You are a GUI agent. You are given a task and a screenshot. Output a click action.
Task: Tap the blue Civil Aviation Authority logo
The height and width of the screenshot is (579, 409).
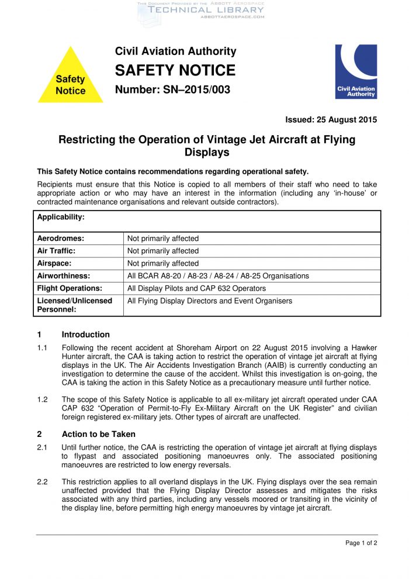[355, 71]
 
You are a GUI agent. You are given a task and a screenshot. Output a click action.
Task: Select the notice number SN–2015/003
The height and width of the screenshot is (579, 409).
[172, 90]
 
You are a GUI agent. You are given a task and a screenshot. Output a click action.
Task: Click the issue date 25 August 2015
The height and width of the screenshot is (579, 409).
[331, 120]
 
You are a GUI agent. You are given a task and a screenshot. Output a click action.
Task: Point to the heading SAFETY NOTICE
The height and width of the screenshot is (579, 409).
[175, 71]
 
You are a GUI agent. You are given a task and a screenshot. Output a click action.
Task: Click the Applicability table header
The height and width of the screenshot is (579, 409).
[61, 217]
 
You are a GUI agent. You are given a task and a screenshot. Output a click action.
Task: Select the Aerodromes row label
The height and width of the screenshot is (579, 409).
[61, 239]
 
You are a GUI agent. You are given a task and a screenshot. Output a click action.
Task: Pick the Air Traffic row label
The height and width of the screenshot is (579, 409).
[57, 251]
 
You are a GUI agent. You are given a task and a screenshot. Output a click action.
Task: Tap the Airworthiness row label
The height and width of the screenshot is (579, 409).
[64, 275]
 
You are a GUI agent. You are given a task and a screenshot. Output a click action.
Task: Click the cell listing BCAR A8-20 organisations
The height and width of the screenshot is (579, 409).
[218, 275]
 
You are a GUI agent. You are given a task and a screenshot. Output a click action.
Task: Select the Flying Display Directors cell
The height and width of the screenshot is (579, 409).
[210, 301]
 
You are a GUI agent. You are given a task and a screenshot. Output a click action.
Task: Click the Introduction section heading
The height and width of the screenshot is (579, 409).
[86, 335]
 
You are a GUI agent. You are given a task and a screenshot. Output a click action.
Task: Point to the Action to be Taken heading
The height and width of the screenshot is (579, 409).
[99, 434]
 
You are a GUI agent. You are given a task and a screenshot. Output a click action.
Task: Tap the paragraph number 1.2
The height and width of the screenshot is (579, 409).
[42, 399]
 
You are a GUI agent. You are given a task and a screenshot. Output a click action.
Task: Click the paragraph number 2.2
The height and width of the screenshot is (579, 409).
[42, 481]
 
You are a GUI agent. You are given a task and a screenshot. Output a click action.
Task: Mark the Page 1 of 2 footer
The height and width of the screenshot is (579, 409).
[361, 543]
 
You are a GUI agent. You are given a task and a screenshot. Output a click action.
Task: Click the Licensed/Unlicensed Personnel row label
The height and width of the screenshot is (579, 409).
[75, 305]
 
